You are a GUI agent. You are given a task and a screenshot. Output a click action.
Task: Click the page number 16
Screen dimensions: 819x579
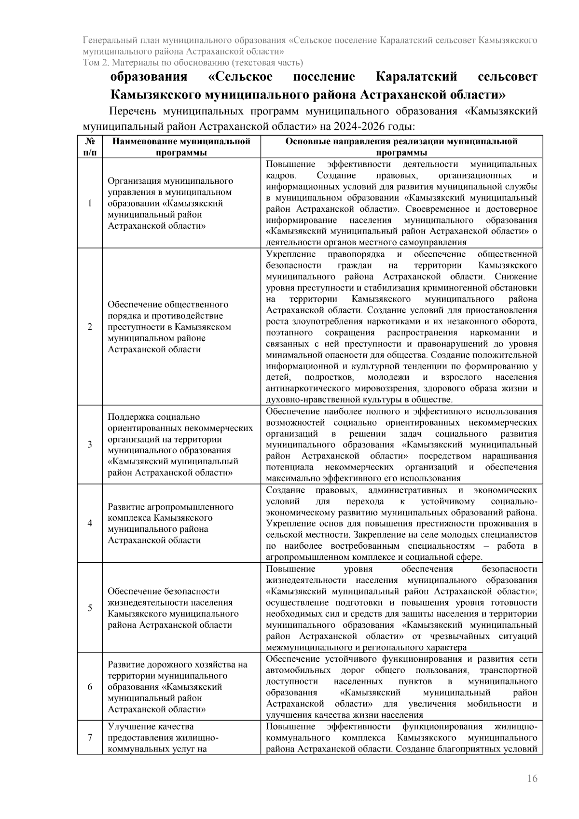[x=532, y=778]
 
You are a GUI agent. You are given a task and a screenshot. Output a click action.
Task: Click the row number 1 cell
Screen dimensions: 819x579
[x=90, y=203]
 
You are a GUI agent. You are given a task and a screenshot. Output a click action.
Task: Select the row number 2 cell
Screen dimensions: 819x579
[x=90, y=327]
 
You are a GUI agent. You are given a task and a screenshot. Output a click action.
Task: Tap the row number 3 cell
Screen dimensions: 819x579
[x=90, y=444]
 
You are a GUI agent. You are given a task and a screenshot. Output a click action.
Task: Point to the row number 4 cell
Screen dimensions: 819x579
[x=90, y=524]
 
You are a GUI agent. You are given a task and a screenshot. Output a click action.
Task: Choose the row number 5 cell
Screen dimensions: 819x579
[x=90, y=608]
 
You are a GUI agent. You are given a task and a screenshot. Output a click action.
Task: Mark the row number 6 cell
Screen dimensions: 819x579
[x=90, y=687]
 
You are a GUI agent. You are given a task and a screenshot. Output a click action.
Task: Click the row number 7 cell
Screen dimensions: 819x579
[x=90, y=737]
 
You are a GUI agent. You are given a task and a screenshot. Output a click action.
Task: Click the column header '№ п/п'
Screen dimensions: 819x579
[x=90, y=147]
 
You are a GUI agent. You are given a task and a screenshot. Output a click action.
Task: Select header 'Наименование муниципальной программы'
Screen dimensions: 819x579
[x=181, y=147]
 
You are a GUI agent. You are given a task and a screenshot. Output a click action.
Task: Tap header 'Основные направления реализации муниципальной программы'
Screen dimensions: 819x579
[x=401, y=147]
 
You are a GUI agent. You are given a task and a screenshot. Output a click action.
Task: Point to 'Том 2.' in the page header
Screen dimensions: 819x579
[x=94, y=63]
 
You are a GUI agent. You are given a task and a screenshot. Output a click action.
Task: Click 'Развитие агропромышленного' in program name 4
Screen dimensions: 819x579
[x=170, y=507]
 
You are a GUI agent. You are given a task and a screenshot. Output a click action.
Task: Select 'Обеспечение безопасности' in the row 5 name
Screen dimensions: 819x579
[x=163, y=591]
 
